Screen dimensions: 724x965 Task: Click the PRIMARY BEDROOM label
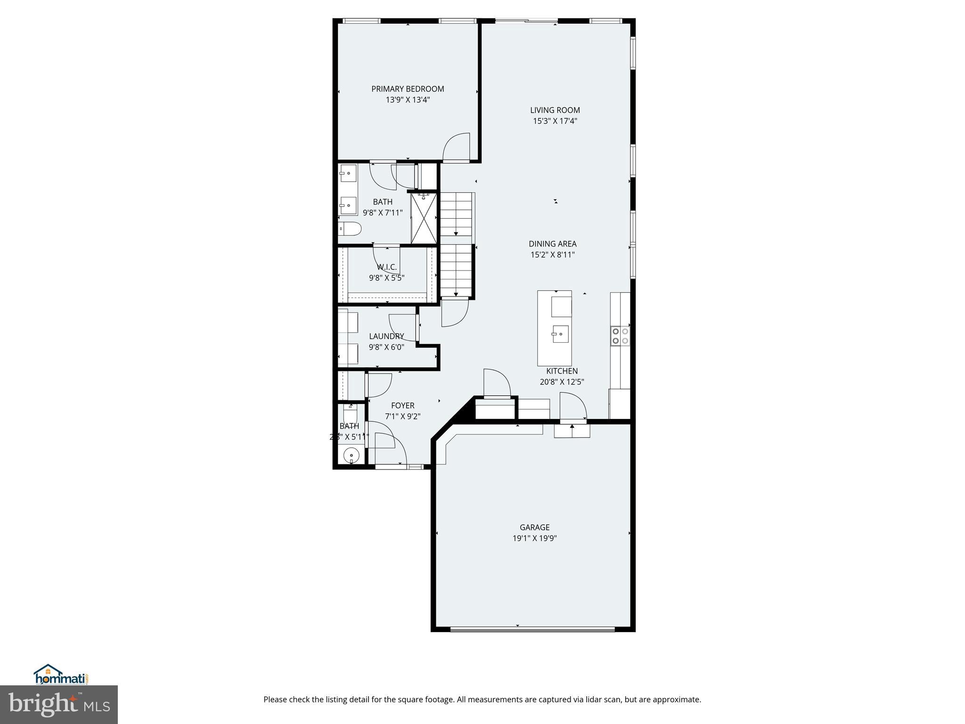(408, 89)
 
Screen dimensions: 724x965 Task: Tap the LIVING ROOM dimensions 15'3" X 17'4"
(555, 121)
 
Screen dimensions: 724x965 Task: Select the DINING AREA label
(552, 244)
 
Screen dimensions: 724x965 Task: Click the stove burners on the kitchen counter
(620, 336)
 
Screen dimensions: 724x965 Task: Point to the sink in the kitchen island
(560, 334)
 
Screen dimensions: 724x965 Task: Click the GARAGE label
(534, 527)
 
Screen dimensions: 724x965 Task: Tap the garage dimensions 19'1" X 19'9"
(534, 538)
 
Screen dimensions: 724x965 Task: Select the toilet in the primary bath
(349, 230)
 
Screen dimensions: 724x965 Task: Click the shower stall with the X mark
(424, 218)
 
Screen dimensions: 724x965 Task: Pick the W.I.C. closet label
(386, 267)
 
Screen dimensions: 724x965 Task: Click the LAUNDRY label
(386, 336)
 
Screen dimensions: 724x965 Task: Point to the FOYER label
(402, 405)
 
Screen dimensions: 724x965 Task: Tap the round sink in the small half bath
(351, 456)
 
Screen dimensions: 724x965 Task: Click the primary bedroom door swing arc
(456, 147)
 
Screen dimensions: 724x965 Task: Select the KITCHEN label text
(562, 371)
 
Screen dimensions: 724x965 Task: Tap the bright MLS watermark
(59, 704)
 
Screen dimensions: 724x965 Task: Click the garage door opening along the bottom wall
(532, 629)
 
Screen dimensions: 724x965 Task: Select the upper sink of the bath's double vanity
(348, 173)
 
